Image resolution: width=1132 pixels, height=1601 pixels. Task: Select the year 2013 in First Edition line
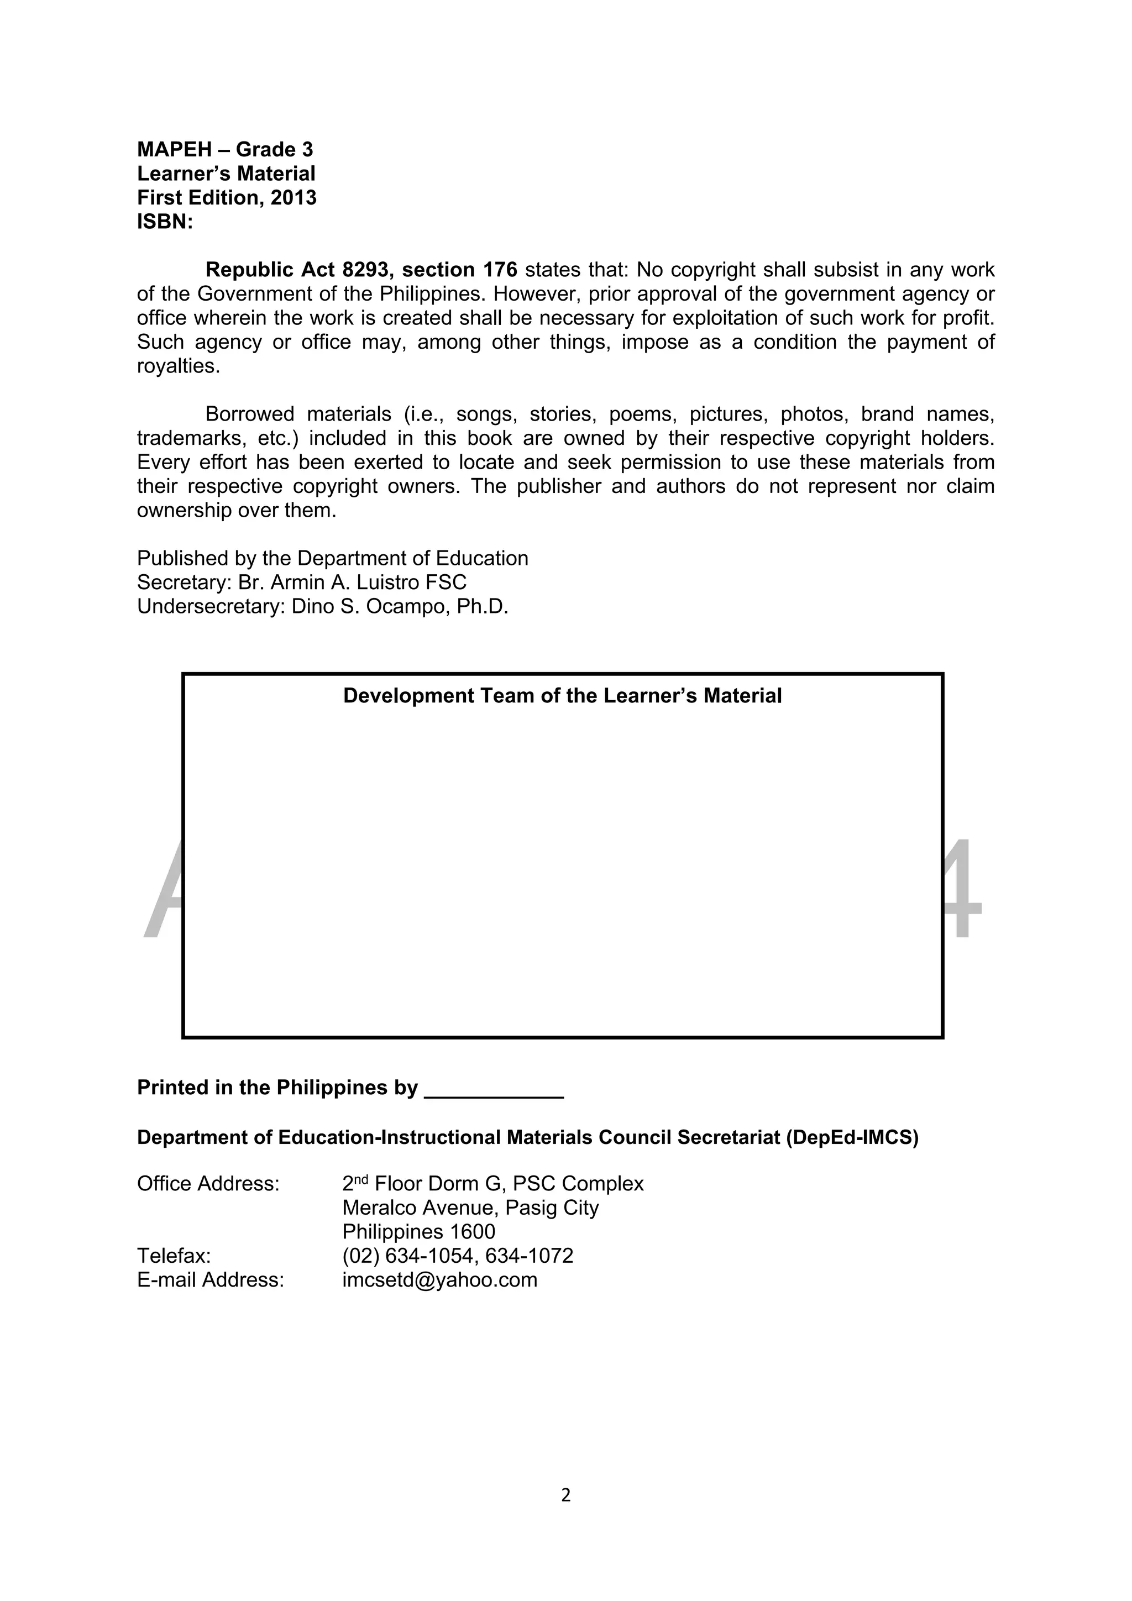click(293, 198)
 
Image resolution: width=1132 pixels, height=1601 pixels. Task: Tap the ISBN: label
click(165, 223)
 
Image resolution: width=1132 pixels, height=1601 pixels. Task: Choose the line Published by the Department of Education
click(332, 559)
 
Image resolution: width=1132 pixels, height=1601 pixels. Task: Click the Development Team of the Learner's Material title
click(562, 696)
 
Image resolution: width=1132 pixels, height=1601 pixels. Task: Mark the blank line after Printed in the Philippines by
click(493, 1089)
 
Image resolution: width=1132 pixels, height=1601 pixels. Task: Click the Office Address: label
click(208, 1184)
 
